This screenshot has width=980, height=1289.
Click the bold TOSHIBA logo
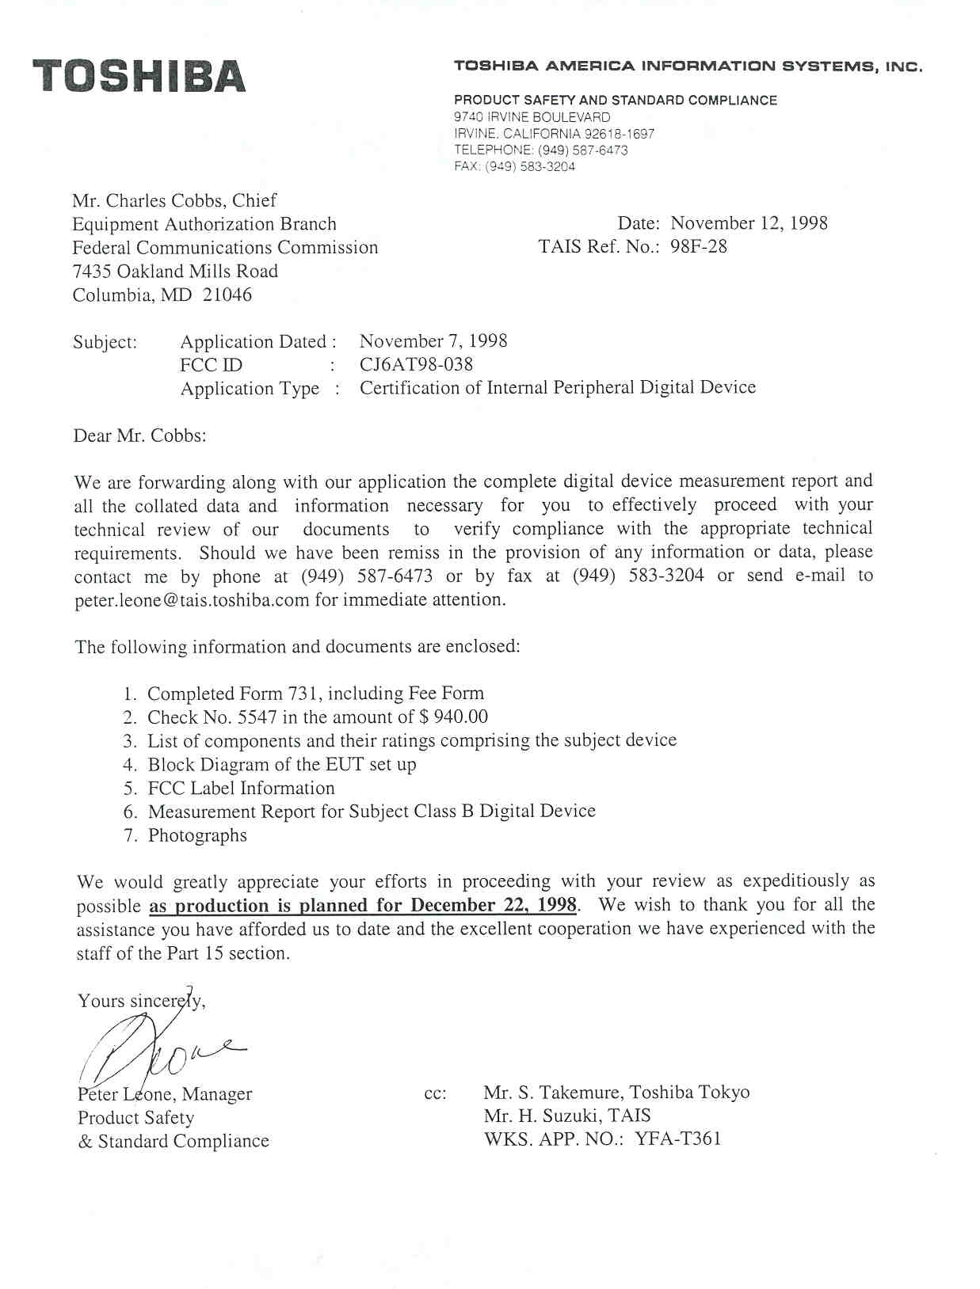[x=139, y=76]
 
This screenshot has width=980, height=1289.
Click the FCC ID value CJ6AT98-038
[x=416, y=364]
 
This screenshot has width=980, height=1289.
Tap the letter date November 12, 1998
[x=749, y=223]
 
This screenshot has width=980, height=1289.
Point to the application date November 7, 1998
[x=433, y=341]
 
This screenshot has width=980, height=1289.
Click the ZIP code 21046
[x=227, y=295]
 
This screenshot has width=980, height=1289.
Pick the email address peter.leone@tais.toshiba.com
[x=192, y=600]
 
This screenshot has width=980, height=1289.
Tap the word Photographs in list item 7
[x=197, y=836]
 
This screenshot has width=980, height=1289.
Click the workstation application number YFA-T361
[x=677, y=1140]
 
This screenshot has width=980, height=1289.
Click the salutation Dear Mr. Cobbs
[x=139, y=435]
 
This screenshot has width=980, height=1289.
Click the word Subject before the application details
[x=105, y=342]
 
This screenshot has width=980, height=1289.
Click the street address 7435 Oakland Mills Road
[x=175, y=272]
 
